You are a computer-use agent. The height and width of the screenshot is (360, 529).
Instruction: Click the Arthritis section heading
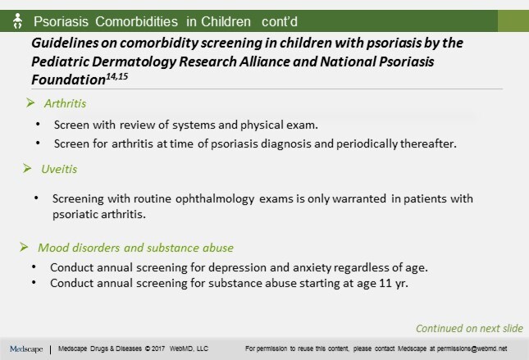click(66, 104)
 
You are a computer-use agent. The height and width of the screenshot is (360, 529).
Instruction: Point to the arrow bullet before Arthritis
click(31, 104)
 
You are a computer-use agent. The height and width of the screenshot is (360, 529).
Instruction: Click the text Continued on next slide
click(468, 328)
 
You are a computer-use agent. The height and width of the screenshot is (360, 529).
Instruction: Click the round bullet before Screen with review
click(39, 125)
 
